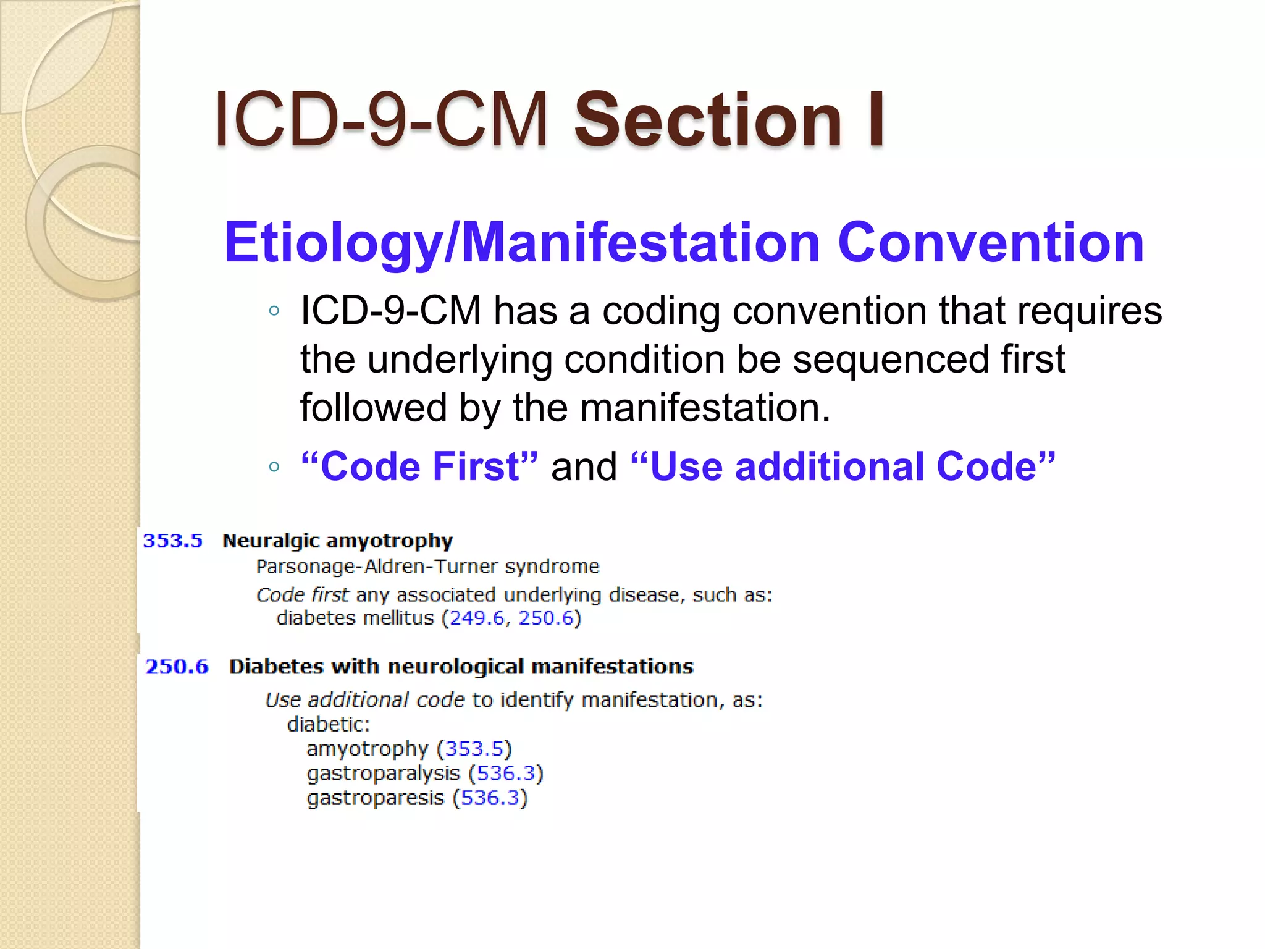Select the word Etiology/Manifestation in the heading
point(522,243)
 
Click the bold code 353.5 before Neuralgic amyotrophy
point(173,541)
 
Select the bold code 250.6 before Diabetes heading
point(177,667)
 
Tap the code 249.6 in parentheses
point(477,618)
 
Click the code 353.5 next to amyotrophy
point(474,749)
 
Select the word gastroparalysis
point(384,774)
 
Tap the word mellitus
point(403,618)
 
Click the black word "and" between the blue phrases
point(584,467)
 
